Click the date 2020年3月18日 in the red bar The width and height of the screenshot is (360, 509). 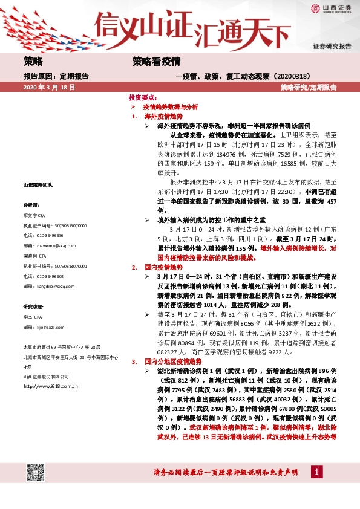48,87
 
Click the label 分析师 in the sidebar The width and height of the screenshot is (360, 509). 30,205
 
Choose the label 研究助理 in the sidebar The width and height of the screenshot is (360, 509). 33,306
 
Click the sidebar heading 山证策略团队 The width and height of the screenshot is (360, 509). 38,184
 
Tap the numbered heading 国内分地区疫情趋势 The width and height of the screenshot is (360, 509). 171,361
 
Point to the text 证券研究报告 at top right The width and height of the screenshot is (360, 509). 332,46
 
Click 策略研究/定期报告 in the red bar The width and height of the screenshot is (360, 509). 309,87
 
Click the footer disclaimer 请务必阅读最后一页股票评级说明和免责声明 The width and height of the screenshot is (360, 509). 226,472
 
